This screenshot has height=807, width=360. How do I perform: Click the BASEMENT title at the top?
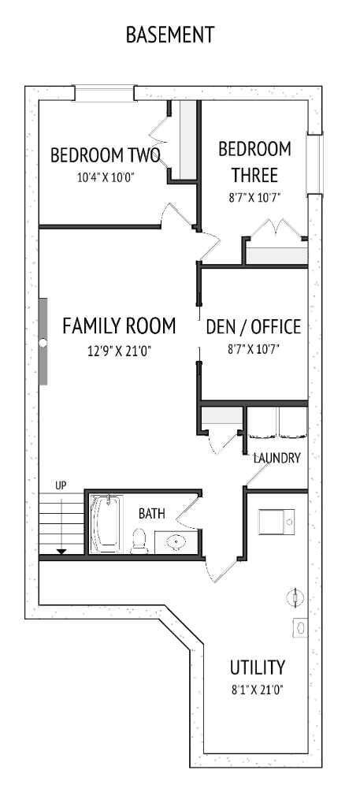pos(170,35)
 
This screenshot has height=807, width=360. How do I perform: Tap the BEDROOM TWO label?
pos(106,155)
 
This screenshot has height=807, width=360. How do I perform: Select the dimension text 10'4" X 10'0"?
pos(106,177)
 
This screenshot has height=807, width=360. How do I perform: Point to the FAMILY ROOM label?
pos(119,325)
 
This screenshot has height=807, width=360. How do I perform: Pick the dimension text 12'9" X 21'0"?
pos(119,351)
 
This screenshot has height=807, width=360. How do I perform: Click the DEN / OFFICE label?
pos(253,326)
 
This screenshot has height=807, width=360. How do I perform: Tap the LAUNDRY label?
pos(276,458)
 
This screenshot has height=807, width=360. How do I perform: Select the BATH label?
pos(152,514)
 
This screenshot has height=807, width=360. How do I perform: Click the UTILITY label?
pos(258,668)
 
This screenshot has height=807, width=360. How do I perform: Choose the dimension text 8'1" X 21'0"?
pos(258,690)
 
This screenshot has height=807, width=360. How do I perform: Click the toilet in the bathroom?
pos(140,540)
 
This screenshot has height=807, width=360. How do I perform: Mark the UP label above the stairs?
pos(61,485)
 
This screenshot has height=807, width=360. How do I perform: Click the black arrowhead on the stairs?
pos(61,551)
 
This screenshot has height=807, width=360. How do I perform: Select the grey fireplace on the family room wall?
pos(43,341)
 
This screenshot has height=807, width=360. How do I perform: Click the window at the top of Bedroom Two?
pos(104,93)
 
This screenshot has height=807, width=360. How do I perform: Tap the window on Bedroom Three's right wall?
pos(315,164)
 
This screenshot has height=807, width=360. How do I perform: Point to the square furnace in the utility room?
pos(276,521)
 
